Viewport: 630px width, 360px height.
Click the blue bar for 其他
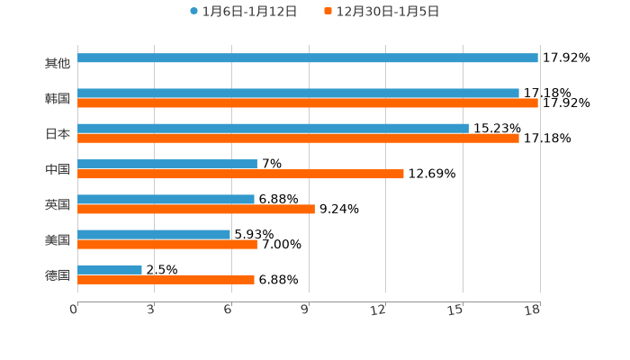308,58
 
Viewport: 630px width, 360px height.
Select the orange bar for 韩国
308,103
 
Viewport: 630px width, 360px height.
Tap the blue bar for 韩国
298,94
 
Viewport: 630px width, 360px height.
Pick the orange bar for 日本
298,139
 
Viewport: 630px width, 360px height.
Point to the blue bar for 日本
273,129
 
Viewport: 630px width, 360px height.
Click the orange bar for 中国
240,174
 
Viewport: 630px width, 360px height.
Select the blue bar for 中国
167,164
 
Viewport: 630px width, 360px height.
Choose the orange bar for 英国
196,209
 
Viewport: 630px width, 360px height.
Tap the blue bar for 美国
154,235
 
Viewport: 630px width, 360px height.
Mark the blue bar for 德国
110,270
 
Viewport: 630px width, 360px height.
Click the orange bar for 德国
166,280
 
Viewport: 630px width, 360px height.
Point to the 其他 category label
58,64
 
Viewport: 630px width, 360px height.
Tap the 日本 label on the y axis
58,134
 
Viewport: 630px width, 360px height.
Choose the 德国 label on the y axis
58,275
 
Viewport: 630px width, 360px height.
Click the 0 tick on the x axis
74,310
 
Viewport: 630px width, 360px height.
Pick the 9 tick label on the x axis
305,310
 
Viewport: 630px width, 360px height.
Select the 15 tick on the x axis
458,310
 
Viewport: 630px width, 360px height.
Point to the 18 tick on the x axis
533,310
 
